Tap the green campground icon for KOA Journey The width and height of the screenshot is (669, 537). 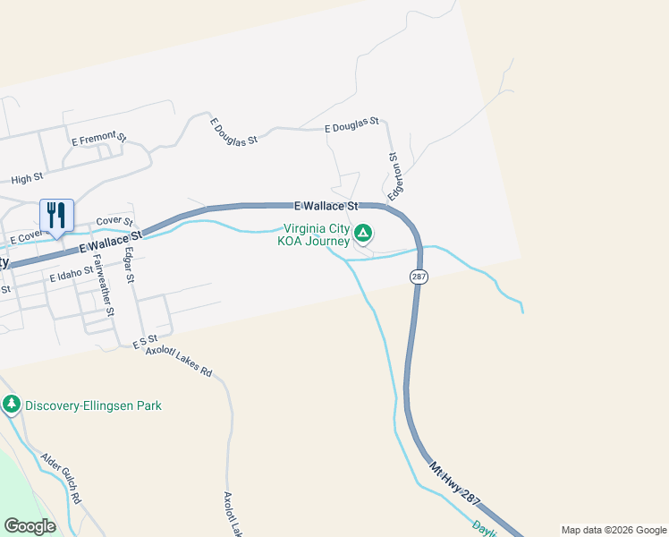tap(363, 234)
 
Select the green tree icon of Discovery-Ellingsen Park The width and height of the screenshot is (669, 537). tap(12, 405)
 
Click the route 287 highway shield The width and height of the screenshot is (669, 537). tap(419, 277)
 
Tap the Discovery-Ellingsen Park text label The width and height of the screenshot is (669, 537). tap(93, 405)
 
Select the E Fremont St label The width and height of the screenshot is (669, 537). tap(98, 139)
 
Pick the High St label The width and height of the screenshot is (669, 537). tap(27, 179)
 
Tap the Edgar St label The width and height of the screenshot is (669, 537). tap(130, 266)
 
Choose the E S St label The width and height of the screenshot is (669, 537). tap(144, 343)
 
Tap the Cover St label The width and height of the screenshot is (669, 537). tap(114, 221)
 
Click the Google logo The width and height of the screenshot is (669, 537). tap(30, 526)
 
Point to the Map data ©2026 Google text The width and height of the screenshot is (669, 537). tap(613, 530)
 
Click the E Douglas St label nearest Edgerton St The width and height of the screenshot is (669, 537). tap(352, 126)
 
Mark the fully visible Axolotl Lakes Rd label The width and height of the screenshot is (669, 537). tap(179, 361)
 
